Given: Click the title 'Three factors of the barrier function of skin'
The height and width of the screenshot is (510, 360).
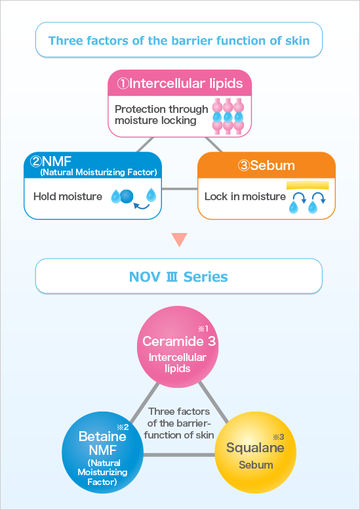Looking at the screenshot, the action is pyautogui.click(x=179, y=41).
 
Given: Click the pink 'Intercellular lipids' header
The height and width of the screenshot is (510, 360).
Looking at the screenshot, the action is pyautogui.click(x=180, y=83).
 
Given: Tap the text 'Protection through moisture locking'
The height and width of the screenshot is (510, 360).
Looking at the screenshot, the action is pyautogui.click(x=161, y=115).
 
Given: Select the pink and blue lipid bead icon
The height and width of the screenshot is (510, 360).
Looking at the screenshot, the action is pyautogui.click(x=228, y=115).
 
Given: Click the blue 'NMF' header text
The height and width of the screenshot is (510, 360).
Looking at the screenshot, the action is pyautogui.click(x=94, y=165).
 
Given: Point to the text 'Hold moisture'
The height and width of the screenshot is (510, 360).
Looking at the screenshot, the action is pyautogui.click(x=68, y=196).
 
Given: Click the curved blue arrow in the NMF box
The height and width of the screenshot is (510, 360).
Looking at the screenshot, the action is pyautogui.click(x=142, y=205).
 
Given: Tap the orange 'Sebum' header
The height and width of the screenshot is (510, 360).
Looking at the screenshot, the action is pyautogui.click(x=266, y=165).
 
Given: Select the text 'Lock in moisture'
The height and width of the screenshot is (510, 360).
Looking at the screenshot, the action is pyautogui.click(x=245, y=196).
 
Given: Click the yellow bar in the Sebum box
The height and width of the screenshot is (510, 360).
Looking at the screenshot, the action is pyautogui.click(x=308, y=186).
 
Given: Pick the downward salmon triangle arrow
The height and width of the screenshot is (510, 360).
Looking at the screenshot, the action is pyautogui.click(x=179, y=240).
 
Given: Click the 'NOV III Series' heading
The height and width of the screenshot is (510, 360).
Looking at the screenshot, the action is pyautogui.click(x=178, y=277).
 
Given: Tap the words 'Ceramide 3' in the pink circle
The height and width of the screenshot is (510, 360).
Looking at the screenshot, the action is pyautogui.click(x=179, y=341).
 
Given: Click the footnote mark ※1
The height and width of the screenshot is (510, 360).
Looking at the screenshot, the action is pyautogui.click(x=203, y=329).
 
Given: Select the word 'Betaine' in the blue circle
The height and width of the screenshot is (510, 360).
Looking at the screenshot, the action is pyautogui.click(x=102, y=436).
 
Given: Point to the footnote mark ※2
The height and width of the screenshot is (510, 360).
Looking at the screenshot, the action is pyautogui.click(x=123, y=427).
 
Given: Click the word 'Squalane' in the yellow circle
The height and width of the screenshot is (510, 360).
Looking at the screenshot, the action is pyautogui.click(x=255, y=448).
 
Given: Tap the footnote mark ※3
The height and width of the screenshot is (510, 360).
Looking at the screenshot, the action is pyautogui.click(x=278, y=437).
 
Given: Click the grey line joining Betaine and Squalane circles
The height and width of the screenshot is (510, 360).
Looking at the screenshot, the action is pyautogui.click(x=179, y=455).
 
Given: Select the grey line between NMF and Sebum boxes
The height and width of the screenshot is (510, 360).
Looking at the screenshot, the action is pyautogui.click(x=180, y=188).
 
